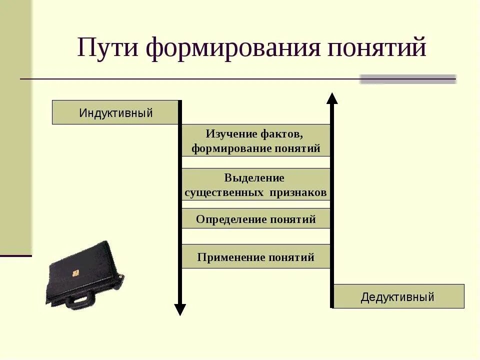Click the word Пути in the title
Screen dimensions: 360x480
click(x=106, y=48)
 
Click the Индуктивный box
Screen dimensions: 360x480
click(x=115, y=112)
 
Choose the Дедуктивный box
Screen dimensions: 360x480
click(x=398, y=297)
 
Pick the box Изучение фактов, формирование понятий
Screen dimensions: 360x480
click(x=255, y=141)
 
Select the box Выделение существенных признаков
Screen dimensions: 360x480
click(x=255, y=185)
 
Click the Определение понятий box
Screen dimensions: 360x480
click(x=255, y=219)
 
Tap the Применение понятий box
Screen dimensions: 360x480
click(x=255, y=257)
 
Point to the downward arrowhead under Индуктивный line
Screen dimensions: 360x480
click(x=180, y=309)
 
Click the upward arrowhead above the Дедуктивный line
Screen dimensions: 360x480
click(x=332, y=98)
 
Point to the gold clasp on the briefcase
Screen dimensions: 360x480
click(x=76, y=273)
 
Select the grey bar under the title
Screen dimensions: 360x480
click(x=407, y=79)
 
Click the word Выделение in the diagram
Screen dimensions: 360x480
click(x=254, y=178)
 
